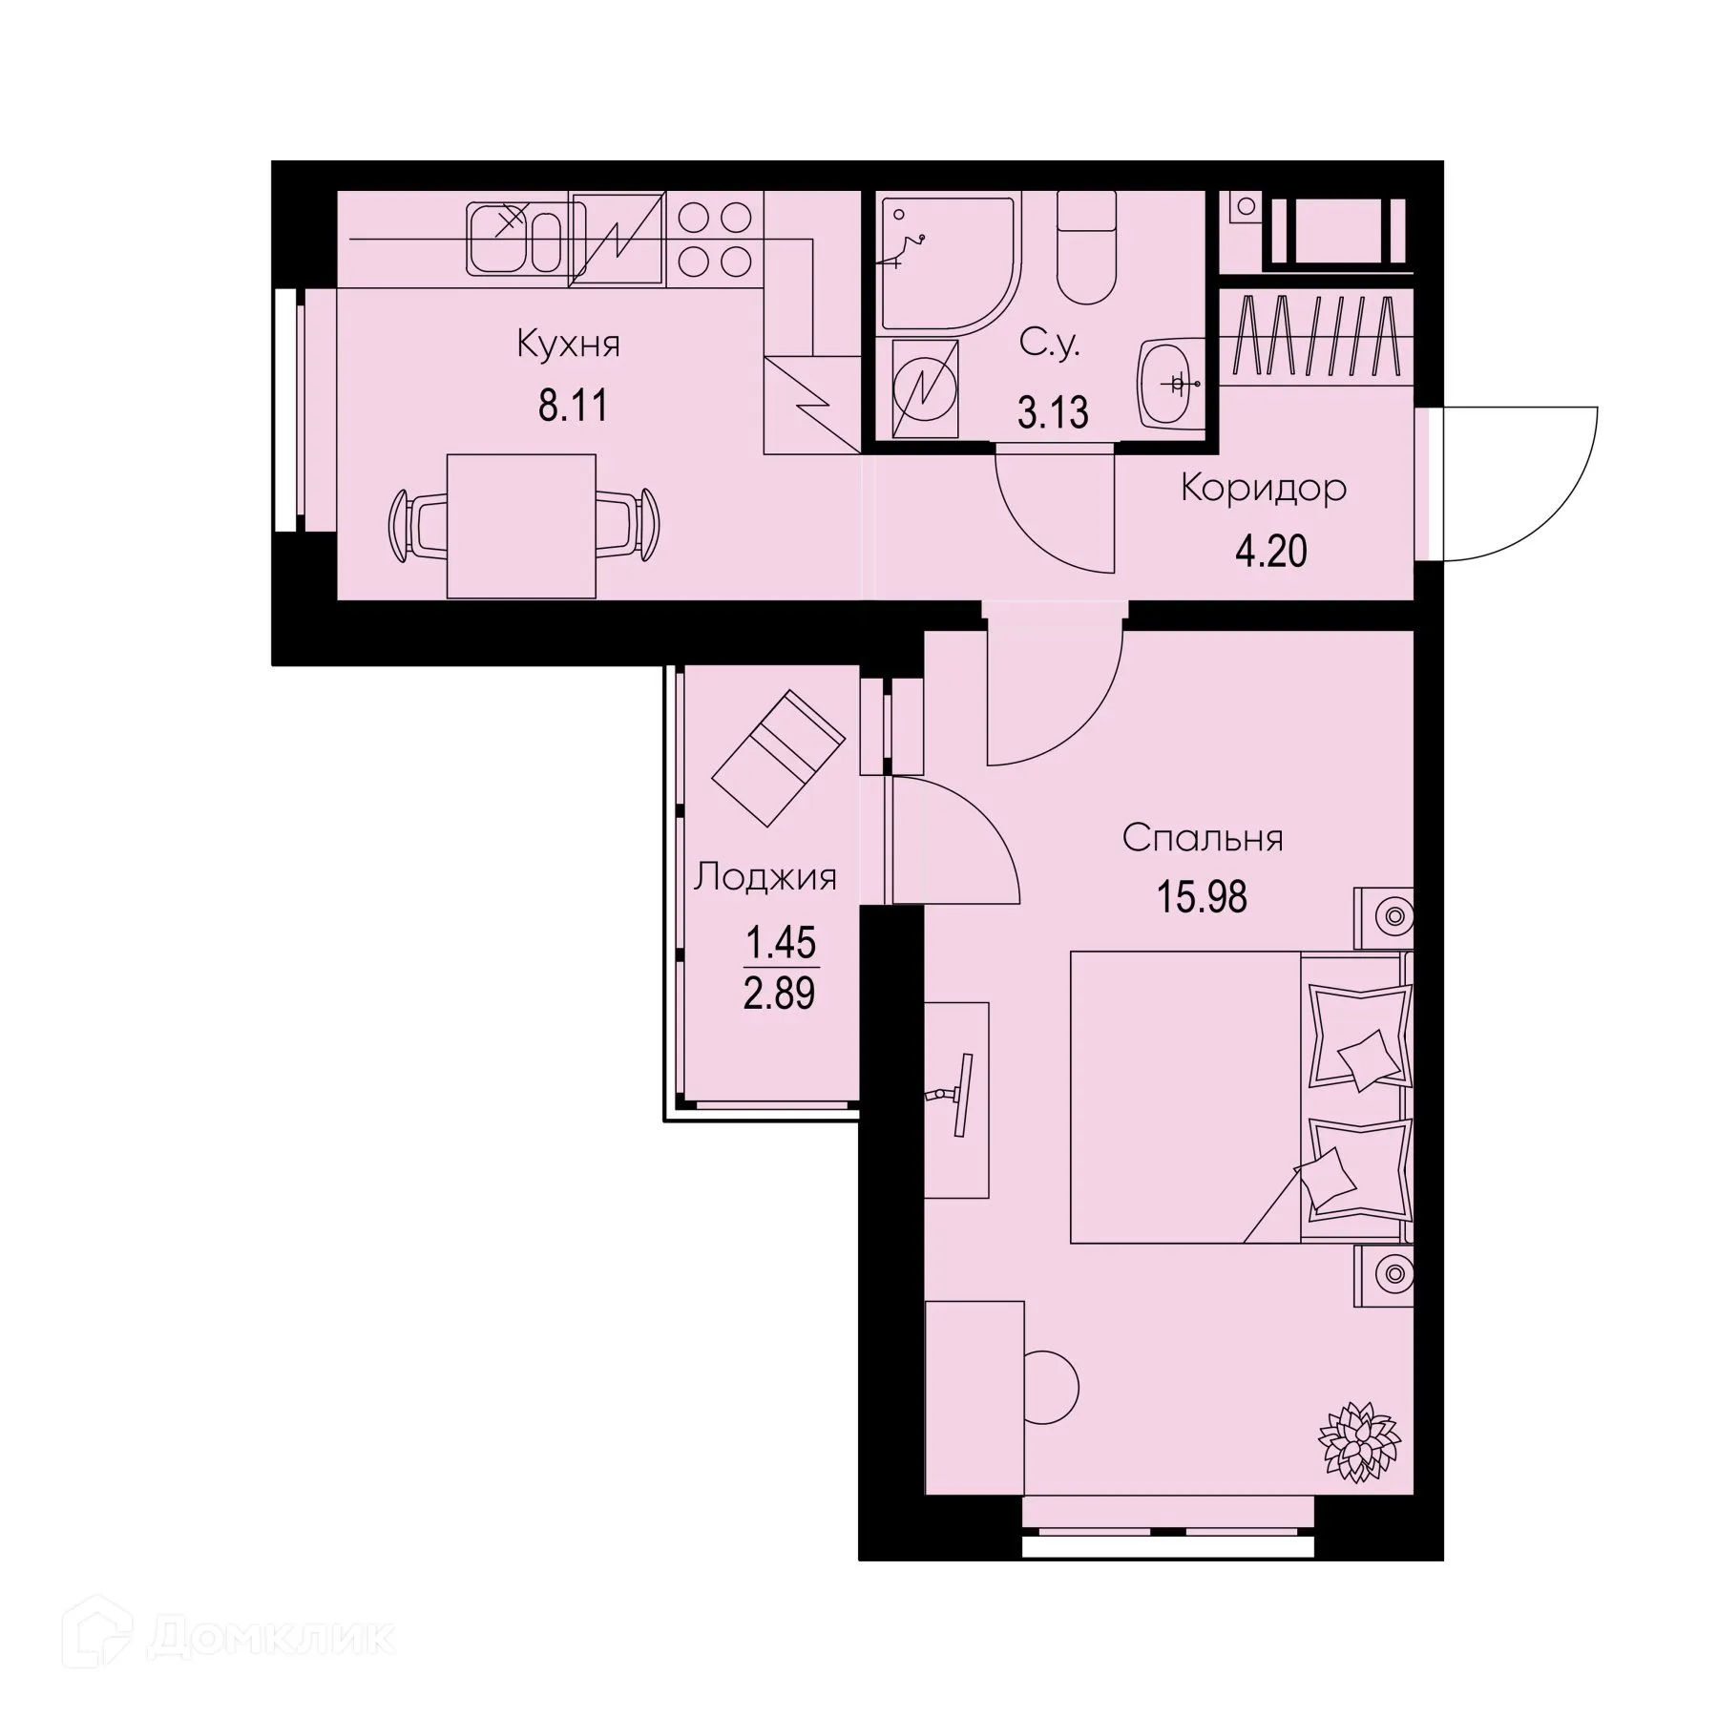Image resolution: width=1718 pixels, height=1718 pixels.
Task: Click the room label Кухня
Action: point(568,344)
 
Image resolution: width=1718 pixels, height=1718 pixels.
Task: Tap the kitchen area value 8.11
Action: point(573,407)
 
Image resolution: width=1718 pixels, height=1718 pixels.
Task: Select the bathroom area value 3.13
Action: point(1053,413)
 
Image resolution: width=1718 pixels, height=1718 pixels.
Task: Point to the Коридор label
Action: point(1264,489)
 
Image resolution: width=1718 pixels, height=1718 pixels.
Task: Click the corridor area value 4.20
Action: point(1270,552)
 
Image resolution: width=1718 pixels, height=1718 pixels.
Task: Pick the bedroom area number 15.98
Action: point(1202,898)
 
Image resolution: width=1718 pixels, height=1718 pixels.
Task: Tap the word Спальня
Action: point(1202,839)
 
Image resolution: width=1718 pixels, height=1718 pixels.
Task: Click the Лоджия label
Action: point(765,877)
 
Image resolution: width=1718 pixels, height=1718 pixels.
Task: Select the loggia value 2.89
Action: point(779,995)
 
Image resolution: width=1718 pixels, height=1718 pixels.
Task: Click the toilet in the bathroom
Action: point(1086,250)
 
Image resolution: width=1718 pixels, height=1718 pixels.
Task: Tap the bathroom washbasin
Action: point(1166,382)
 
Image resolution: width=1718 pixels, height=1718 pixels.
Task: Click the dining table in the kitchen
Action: point(521,526)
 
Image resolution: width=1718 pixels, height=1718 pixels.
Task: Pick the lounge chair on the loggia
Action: point(778,758)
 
